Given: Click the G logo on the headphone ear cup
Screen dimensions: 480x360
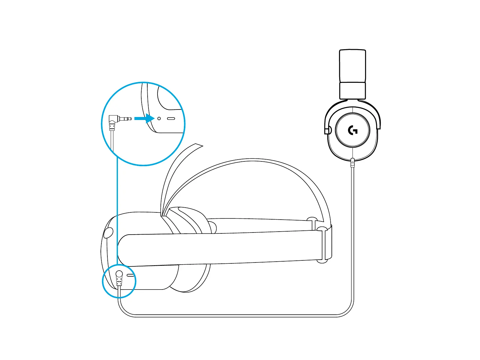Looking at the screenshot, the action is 352,130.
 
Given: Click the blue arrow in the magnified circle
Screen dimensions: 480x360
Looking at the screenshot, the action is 145,118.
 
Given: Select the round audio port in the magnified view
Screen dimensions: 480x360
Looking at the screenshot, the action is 159,118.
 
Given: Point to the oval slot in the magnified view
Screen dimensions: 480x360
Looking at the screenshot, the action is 171,118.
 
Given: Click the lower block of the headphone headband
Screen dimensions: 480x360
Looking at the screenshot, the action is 352,91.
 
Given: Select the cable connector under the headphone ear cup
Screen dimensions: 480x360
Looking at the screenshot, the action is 352,162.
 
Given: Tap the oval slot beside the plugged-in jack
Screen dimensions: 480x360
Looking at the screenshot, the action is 130,275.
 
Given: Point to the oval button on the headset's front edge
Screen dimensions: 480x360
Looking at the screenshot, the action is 108,233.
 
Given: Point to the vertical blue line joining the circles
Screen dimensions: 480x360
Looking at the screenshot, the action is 117,210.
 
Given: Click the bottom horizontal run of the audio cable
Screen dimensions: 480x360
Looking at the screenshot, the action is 234,316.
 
